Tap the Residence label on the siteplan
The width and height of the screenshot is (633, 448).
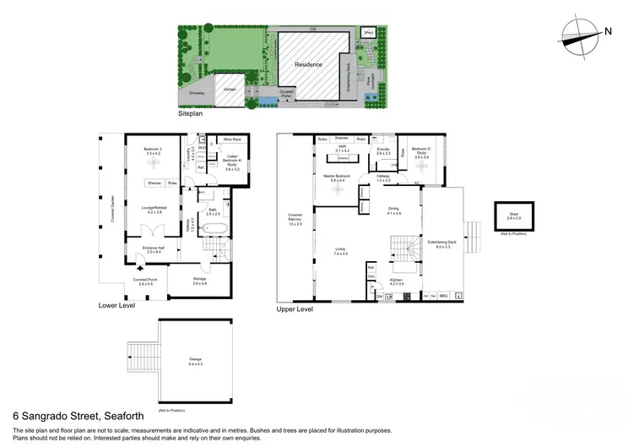pos(308,64)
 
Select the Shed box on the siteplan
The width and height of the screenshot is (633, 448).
pos(369,33)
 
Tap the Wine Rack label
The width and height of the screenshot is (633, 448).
pos(232,139)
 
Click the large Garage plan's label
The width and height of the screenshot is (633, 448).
pos(195,359)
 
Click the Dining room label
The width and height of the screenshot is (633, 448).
pos(393,210)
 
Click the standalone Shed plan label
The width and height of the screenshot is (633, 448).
pos(513,216)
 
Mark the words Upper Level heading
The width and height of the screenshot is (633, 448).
pos(295,310)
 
